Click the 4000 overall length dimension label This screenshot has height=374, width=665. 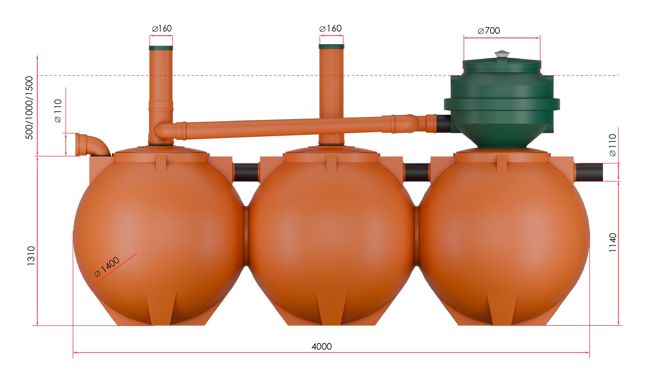[321, 346]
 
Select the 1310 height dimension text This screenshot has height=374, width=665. [31, 256]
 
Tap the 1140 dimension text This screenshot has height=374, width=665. [612, 243]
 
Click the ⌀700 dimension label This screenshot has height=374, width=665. [489, 31]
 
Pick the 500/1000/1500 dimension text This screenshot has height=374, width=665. [29, 108]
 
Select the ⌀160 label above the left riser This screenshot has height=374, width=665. [162, 28]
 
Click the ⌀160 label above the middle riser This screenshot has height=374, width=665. [330, 28]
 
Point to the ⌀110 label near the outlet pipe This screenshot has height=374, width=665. [612, 145]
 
